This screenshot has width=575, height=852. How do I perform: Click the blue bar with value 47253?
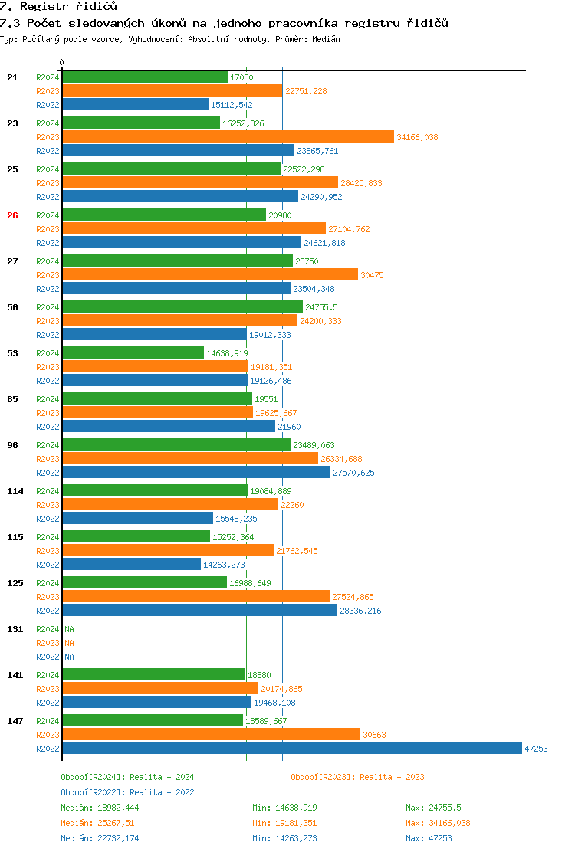[292, 749]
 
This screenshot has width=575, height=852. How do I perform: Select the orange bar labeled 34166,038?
[228, 137]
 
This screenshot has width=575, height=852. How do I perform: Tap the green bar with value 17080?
[145, 77]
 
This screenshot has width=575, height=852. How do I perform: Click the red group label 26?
[12, 215]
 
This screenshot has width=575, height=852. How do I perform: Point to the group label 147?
[15, 721]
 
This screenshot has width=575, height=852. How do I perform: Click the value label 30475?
[373, 275]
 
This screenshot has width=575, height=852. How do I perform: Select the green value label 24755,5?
[321, 307]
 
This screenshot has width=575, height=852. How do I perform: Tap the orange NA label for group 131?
[69, 643]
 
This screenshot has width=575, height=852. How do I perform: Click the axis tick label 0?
[62, 63]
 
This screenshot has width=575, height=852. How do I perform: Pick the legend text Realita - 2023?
[392, 777]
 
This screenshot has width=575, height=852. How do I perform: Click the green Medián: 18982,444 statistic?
[100, 808]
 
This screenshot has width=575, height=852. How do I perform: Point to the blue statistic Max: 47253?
[429, 838]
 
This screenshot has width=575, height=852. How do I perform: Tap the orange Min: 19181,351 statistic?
[284, 823]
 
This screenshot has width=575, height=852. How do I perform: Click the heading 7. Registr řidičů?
[58, 7]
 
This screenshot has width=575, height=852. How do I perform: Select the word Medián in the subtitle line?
[326, 39]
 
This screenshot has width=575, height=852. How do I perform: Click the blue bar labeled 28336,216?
[200, 610]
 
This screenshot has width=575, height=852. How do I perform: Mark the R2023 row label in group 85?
[48, 413]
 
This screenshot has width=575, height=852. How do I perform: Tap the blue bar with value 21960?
[169, 427]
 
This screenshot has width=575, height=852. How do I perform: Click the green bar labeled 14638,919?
[133, 352]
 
